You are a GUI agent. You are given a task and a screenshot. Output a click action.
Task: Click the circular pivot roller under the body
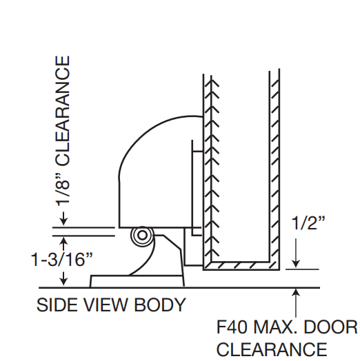tap(142, 236)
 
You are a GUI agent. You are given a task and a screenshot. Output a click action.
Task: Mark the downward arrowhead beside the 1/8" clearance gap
tap(64, 221)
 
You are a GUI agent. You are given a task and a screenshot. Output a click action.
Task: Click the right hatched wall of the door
tap(274, 165)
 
